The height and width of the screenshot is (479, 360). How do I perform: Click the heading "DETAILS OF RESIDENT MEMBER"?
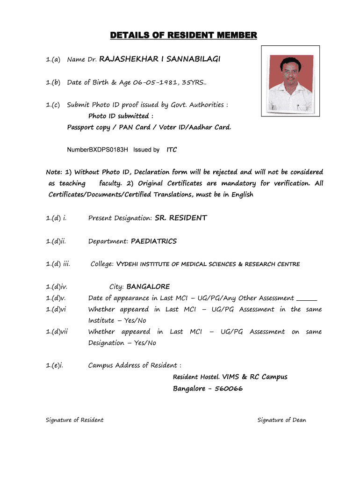point(183,36)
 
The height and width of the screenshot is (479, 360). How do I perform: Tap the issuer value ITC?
point(172,150)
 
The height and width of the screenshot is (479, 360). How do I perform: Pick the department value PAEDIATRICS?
point(154,241)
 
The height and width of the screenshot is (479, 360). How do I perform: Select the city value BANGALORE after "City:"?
point(148,287)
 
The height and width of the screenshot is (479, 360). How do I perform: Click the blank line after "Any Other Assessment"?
point(307,298)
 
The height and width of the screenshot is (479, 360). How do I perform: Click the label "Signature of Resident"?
point(74,420)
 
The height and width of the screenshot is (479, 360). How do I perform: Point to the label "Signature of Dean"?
point(281,420)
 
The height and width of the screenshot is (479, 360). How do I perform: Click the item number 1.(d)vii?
point(57,332)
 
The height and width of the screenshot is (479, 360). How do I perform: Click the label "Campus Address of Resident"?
point(134,365)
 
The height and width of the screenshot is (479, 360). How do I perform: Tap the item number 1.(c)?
point(53,105)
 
